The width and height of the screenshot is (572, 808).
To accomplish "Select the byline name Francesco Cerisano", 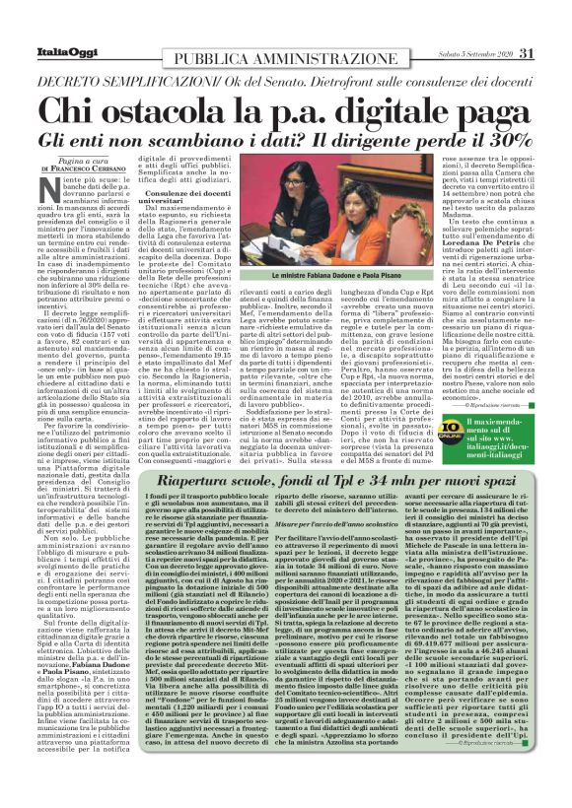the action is click(x=68, y=169).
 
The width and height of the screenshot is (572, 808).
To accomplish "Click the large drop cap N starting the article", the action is click(x=46, y=190).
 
